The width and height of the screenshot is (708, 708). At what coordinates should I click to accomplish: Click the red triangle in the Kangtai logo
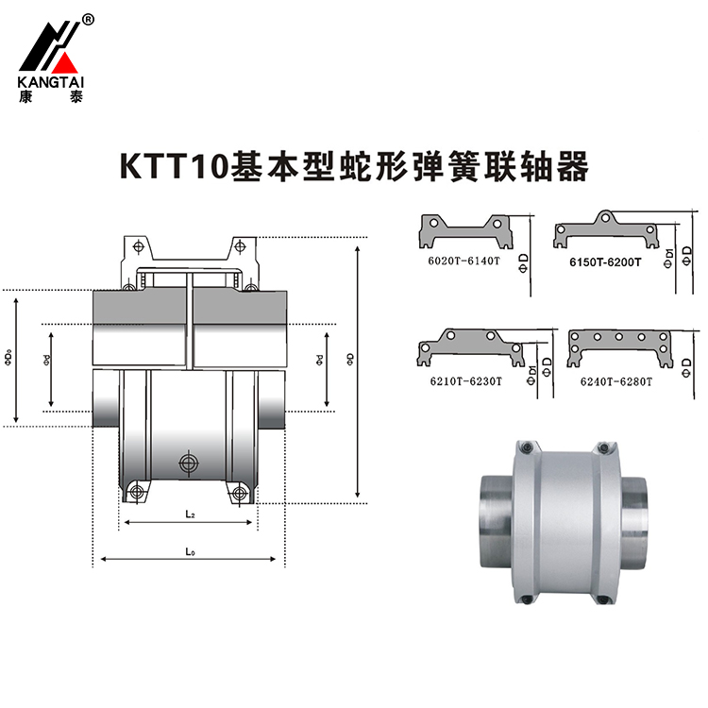pyautogui.click(x=64, y=66)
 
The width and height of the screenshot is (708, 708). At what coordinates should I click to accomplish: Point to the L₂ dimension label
pyautogui.click(x=190, y=514)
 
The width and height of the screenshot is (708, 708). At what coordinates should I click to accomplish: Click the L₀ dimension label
pyautogui.click(x=190, y=549)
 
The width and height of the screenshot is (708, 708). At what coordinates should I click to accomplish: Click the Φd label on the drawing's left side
pyautogui.click(x=46, y=360)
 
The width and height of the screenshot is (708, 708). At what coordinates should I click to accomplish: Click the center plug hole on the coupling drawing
pyautogui.click(x=190, y=463)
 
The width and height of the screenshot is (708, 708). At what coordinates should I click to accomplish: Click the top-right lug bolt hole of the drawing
pyautogui.click(x=241, y=247)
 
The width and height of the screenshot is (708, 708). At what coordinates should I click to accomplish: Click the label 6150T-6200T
pyautogui.click(x=605, y=261)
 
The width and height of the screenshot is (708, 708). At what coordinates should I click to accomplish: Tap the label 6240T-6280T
pyautogui.click(x=611, y=380)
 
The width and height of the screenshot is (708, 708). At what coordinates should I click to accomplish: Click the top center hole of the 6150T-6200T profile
pyautogui.click(x=606, y=216)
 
